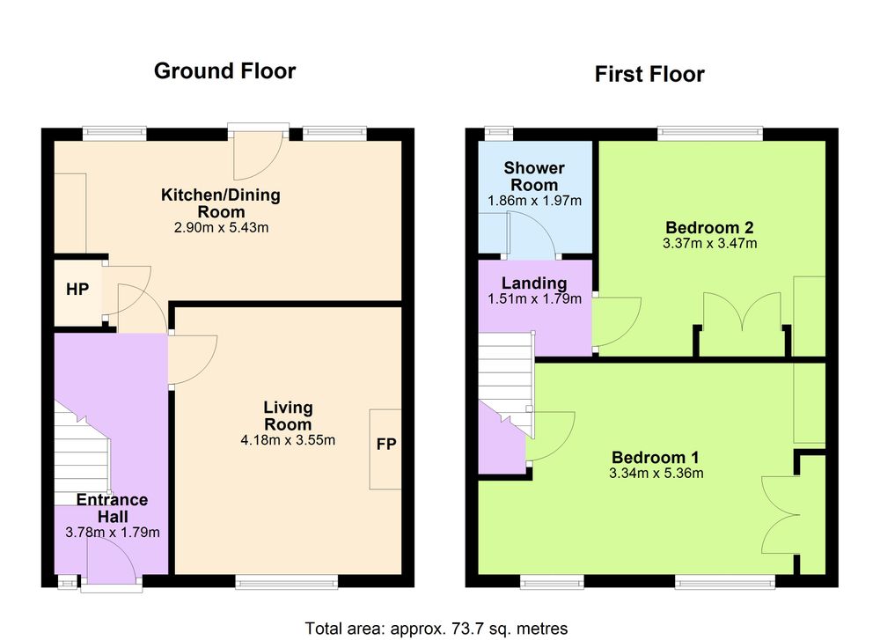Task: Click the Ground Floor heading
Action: pyautogui.click(x=224, y=71)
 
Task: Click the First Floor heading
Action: pyautogui.click(x=649, y=74)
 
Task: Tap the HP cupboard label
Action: pyautogui.click(x=77, y=289)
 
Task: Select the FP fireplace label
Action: pyautogui.click(x=386, y=444)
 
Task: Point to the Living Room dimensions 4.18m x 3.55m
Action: pyautogui.click(x=288, y=440)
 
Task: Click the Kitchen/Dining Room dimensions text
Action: pyautogui.click(x=221, y=228)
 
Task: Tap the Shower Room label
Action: pyautogui.click(x=534, y=176)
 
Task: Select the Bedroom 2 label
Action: pyautogui.click(x=709, y=227)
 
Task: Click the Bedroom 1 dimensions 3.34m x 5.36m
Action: pyautogui.click(x=656, y=474)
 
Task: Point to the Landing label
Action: pyautogui.click(x=534, y=283)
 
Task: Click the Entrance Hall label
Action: pyautogui.click(x=113, y=508)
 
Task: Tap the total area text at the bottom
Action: pyautogui.click(x=436, y=629)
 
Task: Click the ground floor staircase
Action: pyautogui.click(x=82, y=458)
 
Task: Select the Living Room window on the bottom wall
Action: pyautogui.click(x=287, y=582)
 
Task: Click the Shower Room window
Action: pyautogui.click(x=498, y=134)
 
